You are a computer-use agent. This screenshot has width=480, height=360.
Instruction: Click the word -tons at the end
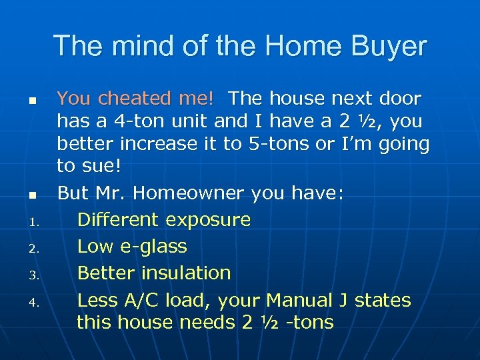tap(309, 322)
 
